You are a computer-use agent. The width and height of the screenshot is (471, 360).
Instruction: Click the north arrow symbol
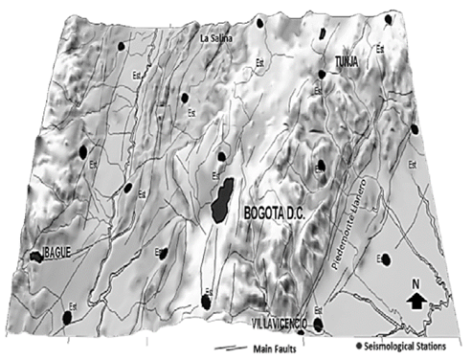[415, 302]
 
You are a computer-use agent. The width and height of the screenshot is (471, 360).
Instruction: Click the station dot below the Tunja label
[322, 75]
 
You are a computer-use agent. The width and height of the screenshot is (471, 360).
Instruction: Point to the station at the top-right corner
[388, 19]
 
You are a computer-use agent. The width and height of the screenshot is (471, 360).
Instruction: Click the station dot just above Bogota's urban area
[221, 156]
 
